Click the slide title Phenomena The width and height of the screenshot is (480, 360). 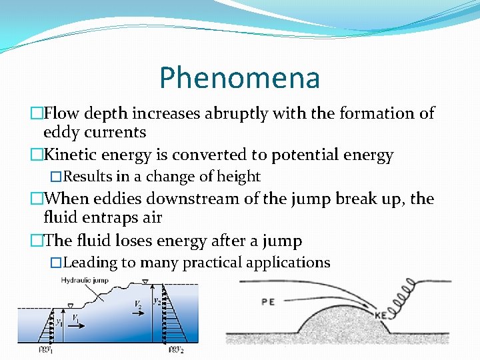click(x=239, y=78)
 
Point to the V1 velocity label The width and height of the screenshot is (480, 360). click(x=77, y=318)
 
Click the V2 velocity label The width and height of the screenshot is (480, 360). click(x=137, y=304)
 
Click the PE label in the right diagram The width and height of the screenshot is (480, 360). click(x=268, y=301)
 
